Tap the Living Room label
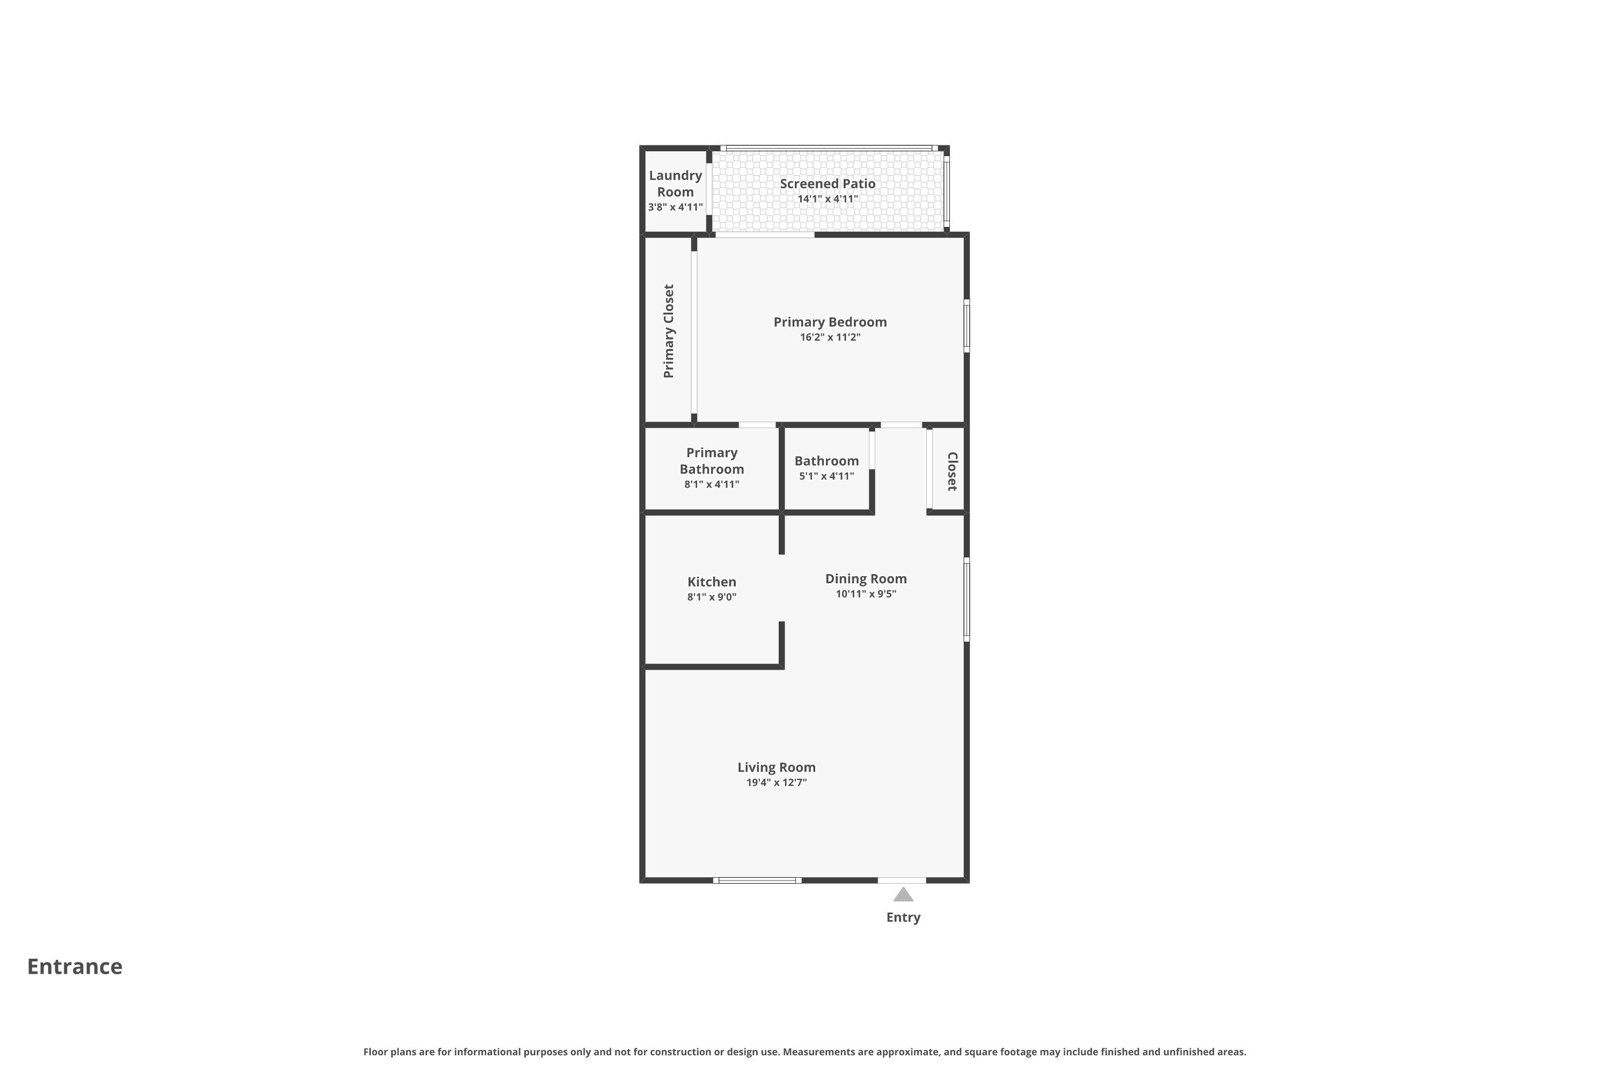(x=776, y=767)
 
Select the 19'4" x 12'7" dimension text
(x=776, y=782)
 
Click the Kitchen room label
(x=712, y=582)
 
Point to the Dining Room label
(x=866, y=579)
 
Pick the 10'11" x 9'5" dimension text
(x=866, y=594)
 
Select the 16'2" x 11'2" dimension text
(x=830, y=337)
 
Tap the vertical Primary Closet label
(x=669, y=331)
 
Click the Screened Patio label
(x=828, y=183)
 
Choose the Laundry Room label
(x=676, y=183)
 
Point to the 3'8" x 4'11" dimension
(x=676, y=207)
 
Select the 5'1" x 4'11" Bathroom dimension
(x=827, y=476)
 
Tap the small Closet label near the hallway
(x=952, y=471)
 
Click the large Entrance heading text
(x=75, y=966)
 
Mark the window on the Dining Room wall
(x=967, y=599)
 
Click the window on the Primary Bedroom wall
(x=967, y=326)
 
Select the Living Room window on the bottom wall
(x=757, y=880)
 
